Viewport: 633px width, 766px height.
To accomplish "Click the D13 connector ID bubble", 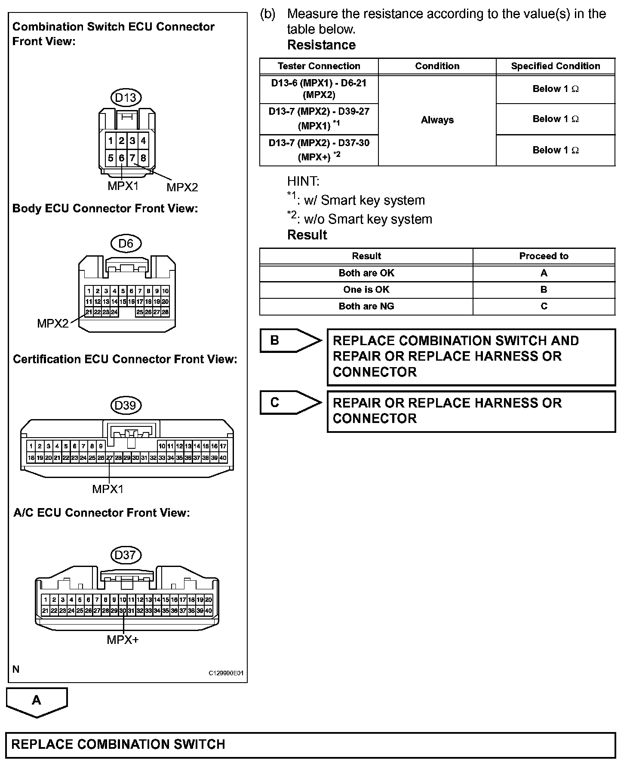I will (x=126, y=98).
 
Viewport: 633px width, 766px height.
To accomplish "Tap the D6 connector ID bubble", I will (x=126, y=244).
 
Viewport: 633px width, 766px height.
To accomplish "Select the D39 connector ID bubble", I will (x=126, y=405).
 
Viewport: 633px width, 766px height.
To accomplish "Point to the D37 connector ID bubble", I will (x=126, y=555).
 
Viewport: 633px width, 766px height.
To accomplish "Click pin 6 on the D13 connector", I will (x=122, y=158).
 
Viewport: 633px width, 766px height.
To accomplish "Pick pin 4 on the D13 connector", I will (x=143, y=141).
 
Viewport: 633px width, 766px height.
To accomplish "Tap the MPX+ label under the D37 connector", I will (x=123, y=640).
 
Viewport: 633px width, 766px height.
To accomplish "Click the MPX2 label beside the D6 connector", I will (x=52, y=323).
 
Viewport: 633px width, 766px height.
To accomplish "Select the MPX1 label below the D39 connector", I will (x=108, y=489).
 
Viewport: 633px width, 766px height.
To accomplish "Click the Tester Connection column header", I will (x=319, y=66).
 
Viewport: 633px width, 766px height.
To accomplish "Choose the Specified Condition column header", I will (x=555, y=66).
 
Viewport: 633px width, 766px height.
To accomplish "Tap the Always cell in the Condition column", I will (x=437, y=120).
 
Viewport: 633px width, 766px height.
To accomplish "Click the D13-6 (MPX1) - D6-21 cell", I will (x=319, y=89).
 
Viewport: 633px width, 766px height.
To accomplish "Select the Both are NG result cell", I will (x=366, y=306).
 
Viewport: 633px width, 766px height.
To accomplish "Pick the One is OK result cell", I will (x=366, y=290).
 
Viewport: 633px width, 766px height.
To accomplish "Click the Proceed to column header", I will (x=544, y=256).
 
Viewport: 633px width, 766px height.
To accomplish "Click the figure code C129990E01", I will (x=226, y=673).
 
